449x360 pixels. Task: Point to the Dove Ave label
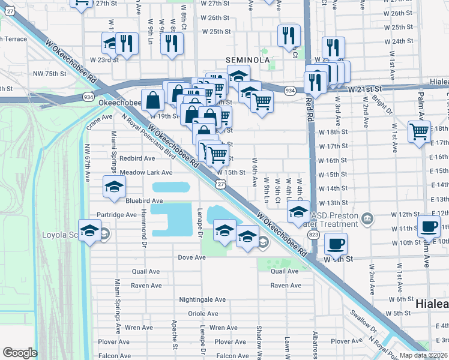191,257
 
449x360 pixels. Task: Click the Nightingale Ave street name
202,299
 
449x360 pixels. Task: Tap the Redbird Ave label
137,158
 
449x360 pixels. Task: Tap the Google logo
20,353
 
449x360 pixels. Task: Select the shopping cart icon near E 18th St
418,131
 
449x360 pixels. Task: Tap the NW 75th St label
50,73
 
